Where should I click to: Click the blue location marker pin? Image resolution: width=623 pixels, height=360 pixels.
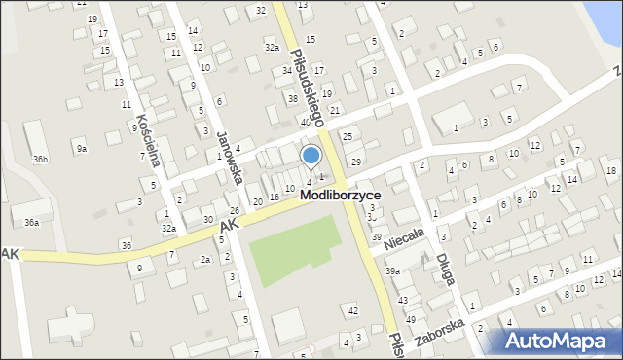pyautogui.click(x=311, y=156)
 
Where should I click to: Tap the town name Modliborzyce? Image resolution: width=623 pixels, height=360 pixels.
pyautogui.click(x=340, y=195)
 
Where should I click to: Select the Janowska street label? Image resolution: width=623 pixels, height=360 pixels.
pyautogui.click(x=235, y=142)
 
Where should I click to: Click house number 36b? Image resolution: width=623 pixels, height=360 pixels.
pyautogui.click(x=40, y=159)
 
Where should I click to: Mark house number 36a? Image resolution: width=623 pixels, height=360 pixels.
pyautogui.click(x=32, y=223)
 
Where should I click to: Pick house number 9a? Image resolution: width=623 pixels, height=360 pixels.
pyautogui.click(x=83, y=149)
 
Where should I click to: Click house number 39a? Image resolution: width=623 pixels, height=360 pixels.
pyautogui.click(x=391, y=271)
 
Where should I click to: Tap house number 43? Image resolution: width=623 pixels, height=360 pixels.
pyautogui.click(x=402, y=300)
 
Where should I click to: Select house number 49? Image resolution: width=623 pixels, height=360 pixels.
pyautogui.click(x=411, y=319)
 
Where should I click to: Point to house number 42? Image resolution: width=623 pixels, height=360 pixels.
pyautogui.click(x=353, y=310)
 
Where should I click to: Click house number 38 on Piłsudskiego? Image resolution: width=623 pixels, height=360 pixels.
pyautogui.click(x=293, y=99)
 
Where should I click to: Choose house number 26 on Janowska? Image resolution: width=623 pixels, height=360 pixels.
pyautogui.click(x=234, y=211)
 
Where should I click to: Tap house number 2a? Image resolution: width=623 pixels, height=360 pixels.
pyautogui.click(x=204, y=260)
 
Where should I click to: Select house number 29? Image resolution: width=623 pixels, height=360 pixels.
pyautogui.click(x=356, y=162)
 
